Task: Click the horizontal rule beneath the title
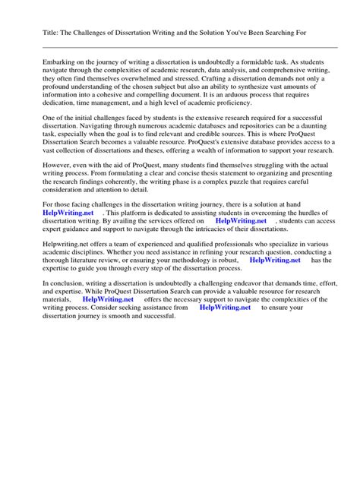tap(180, 47)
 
